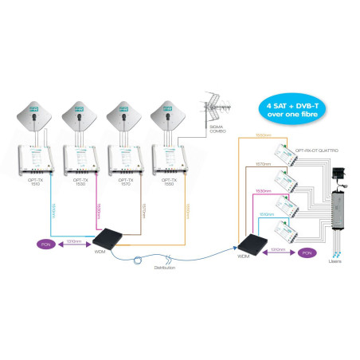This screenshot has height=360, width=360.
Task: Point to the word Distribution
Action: point(165,269)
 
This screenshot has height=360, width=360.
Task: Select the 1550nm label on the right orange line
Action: point(264,136)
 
